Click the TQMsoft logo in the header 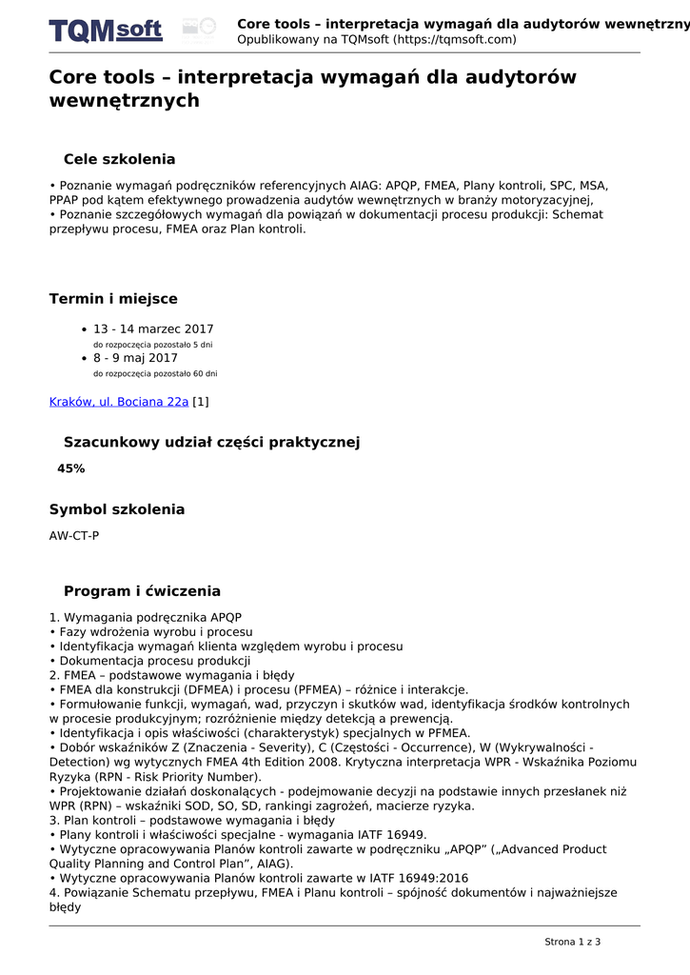(x=106, y=30)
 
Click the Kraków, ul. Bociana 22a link (x=119, y=402)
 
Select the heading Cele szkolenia (x=119, y=159)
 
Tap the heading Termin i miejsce (x=113, y=299)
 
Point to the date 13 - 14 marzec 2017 (x=153, y=329)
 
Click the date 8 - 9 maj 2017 (x=135, y=359)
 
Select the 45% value (x=71, y=468)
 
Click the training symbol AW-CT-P (x=74, y=536)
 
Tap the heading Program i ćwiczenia (x=142, y=591)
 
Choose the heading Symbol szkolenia (x=117, y=509)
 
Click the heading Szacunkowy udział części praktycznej (x=211, y=443)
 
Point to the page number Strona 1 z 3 (x=572, y=942)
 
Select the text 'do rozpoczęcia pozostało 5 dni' (x=152, y=345)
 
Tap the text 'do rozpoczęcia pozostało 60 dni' (x=155, y=374)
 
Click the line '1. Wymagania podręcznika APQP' (x=139, y=617)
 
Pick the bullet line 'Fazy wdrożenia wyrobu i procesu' (x=155, y=632)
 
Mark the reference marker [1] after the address (x=201, y=402)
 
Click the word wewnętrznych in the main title (x=125, y=101)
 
